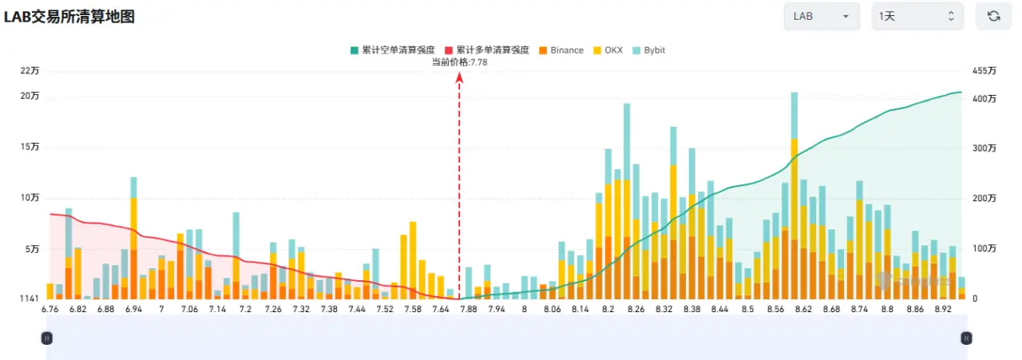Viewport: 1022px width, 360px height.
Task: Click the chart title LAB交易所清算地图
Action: [x=69, y=17]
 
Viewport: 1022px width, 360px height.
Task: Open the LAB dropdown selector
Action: [x=822, y=17]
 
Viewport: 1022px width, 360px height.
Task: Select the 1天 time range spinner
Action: [x=917, y=17]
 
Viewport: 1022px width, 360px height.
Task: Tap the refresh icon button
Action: [x=994, y=17]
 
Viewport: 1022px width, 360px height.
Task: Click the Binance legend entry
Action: [x=561, y=50]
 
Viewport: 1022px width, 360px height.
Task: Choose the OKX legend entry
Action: [x=608, y=50]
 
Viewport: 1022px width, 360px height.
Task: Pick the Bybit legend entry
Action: [x=649, y=50]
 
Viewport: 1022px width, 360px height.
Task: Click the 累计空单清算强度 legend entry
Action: [x=393, y=50]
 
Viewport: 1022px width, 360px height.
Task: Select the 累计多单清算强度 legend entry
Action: [x=487, y=50]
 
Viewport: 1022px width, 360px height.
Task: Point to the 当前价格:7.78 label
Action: [x=459, y=62]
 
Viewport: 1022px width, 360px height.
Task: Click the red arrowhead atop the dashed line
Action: [x=459, y=78]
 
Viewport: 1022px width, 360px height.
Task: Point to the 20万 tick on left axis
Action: [x=30, y=96]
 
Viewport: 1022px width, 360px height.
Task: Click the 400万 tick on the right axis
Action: [x=984, y=99]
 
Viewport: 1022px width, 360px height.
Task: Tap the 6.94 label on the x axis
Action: [x=133, y=309]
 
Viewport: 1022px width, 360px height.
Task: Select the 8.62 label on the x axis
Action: [x=803, y=309]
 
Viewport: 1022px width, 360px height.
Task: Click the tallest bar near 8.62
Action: [x=794, y=196]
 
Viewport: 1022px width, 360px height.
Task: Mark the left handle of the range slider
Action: [x=46, y=338]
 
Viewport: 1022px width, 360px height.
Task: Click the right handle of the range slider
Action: [x=966, y=338]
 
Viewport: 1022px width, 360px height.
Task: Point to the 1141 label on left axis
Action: [x=30, y=299]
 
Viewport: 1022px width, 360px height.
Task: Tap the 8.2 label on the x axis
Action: [x=608, y=309]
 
